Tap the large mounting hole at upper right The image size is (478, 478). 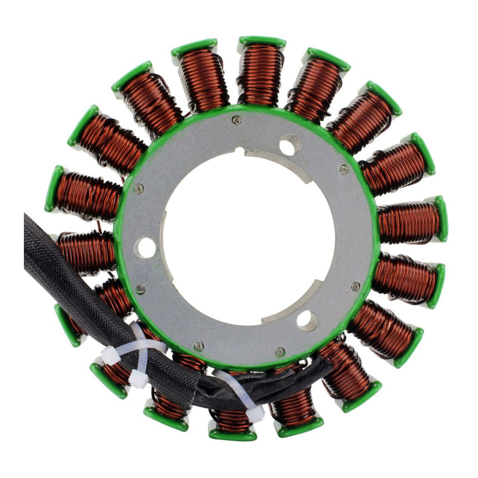point(290,145)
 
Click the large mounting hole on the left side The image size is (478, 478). point(145,247)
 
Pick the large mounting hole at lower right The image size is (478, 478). point(307,321)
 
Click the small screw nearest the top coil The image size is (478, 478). point(237,120)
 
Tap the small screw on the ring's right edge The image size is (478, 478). point(355,286)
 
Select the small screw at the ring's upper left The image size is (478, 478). point(139,189)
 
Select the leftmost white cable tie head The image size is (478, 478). point(109,357)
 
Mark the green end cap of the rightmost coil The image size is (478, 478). point(440,218)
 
